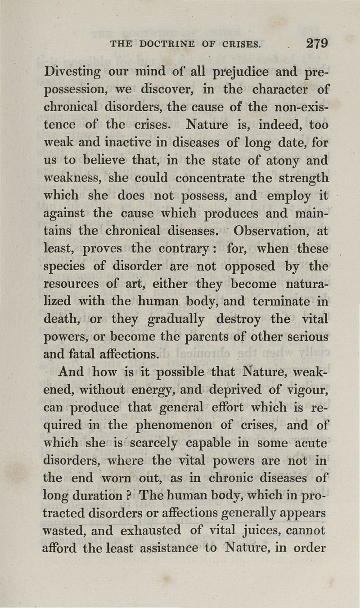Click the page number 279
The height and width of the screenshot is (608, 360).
click(316, 44)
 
